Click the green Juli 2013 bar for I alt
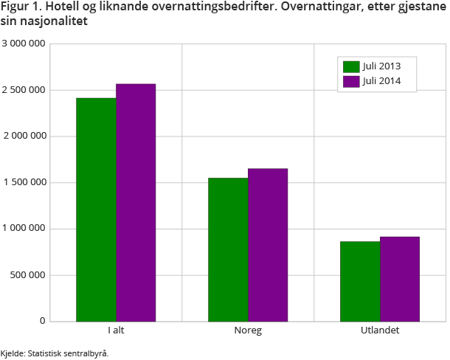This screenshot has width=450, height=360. point(96,210)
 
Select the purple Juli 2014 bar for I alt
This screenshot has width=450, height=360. point(136,203)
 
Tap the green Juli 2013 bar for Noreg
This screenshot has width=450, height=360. point(228,250)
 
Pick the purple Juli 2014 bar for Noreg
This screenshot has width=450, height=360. point(268,245)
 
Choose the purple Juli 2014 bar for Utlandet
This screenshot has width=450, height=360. point(400,279)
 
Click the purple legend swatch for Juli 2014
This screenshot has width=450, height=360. point(350,81)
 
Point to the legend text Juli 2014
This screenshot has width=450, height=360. point(381,81)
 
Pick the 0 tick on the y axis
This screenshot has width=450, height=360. point(43,322)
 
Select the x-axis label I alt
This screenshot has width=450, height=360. point(115,330)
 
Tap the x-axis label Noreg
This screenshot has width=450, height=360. point(248,330)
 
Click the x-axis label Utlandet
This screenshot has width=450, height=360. point(380,330)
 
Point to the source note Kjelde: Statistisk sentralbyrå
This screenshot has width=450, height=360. point(55,353)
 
